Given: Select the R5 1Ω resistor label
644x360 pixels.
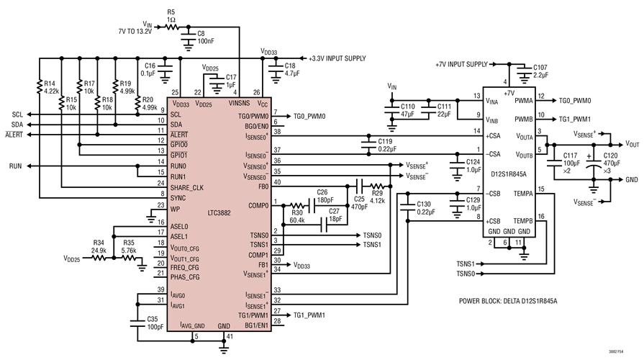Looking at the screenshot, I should [x=171, y=16].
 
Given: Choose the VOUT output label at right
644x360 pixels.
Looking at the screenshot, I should [x=632, y=144].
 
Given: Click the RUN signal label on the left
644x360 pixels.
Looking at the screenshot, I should [x=16, y=166].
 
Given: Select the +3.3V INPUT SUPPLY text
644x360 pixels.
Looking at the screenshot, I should [x=337, y=58].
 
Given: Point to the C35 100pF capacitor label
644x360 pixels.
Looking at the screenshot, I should [x=155, y=321].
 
